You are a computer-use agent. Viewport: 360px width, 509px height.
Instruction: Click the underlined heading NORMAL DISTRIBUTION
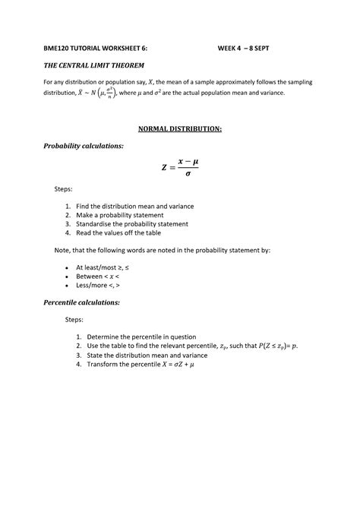pos(179,129)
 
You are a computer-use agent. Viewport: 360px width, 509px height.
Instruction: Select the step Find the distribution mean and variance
pos(141,206)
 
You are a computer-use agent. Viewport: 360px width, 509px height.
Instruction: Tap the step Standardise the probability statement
pos(137,224)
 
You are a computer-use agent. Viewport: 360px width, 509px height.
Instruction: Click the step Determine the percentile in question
pos(142,337)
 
